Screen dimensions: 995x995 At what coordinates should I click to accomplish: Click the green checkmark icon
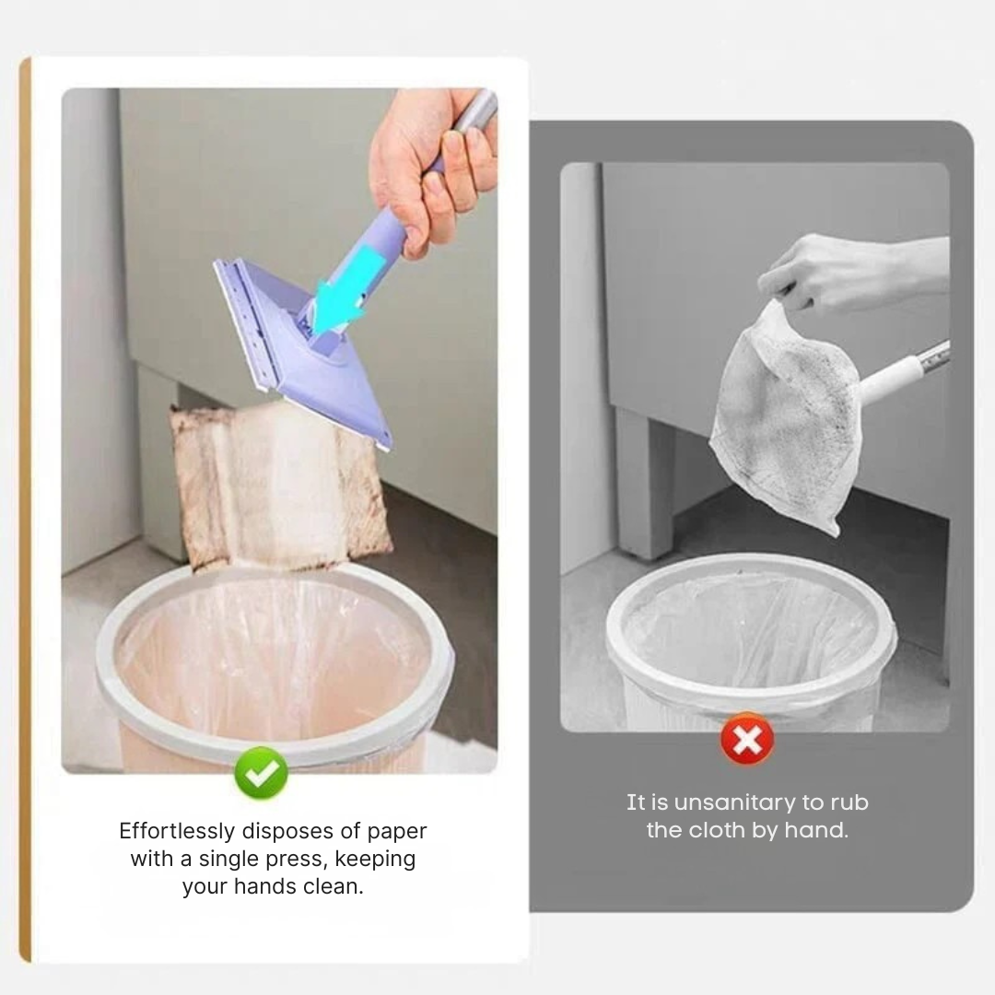tap(262, 773)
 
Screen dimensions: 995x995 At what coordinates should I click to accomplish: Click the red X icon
tap(746, 739)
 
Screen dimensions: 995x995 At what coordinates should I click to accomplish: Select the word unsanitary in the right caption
tap(733, 802)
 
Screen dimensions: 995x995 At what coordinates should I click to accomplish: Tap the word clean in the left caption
tap(333, 887)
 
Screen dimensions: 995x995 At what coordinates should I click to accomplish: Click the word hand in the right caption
tap(814, 830)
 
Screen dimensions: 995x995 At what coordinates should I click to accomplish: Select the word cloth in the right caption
tap(716, 830)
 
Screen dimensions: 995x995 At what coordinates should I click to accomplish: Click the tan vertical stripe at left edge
tap(25, 507)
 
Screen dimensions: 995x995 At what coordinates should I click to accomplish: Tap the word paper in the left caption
tap(397, 831)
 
